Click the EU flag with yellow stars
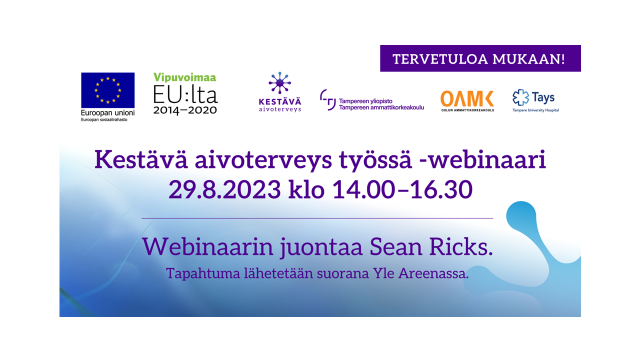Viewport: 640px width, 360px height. click(x=107, y=90)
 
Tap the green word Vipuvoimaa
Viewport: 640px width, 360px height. click(x=185, y=77)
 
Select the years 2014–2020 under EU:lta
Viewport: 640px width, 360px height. click(x=185, y=110)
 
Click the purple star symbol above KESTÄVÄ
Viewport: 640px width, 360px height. click(x=279, y=82)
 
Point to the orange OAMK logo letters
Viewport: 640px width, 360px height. click(x=467, y=99)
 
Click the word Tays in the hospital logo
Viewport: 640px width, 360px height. click(x=543, y=97)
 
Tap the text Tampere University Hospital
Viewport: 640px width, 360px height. click(x=535, y=110)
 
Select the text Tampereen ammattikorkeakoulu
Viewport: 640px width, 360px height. click(x=381, y=107)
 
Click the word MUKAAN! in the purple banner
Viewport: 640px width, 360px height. click(x=528, y=59)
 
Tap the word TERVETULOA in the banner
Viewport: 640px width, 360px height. click(x=440, y=59)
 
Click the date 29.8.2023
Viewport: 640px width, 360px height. click(x=224, y=189)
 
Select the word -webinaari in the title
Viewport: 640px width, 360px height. click(x=482, y=159)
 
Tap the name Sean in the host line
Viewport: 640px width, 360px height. click(x=395, y=247)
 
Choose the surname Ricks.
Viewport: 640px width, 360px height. click(x=461, y=247)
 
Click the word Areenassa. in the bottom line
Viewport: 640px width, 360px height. click(x=433, y=273)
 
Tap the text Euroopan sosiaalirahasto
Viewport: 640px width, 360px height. click(x=104, y=119)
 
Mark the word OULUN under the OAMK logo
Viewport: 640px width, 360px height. click(x=447, y=110)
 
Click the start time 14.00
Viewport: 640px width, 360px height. click(x=363, y=189)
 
